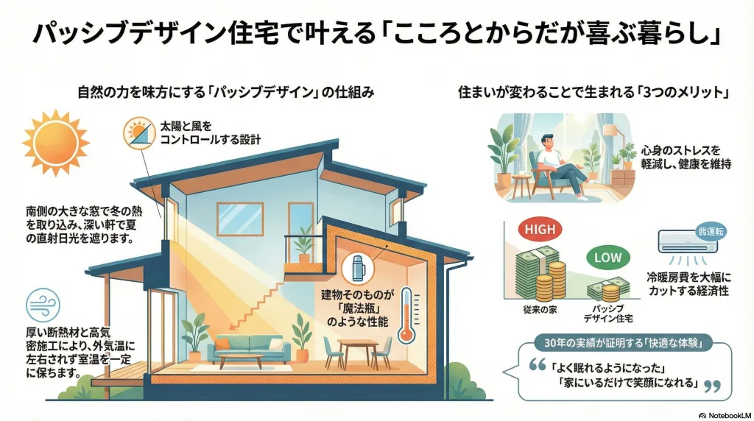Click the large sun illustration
click(56, 142)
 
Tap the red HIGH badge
click(540, 230)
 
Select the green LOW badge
click(607, 258)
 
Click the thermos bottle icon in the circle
click(358, 269)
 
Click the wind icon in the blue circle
click(43, 305)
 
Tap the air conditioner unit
click(688, 240)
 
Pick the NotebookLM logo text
click(725, 415)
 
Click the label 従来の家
click(540, 310)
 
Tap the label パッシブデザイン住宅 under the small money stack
click(608, 314)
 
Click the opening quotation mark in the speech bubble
click(537, 365)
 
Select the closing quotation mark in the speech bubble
click(712, 386)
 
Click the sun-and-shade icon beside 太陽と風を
click(139, 133)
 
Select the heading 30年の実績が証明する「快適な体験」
click(623, 343)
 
